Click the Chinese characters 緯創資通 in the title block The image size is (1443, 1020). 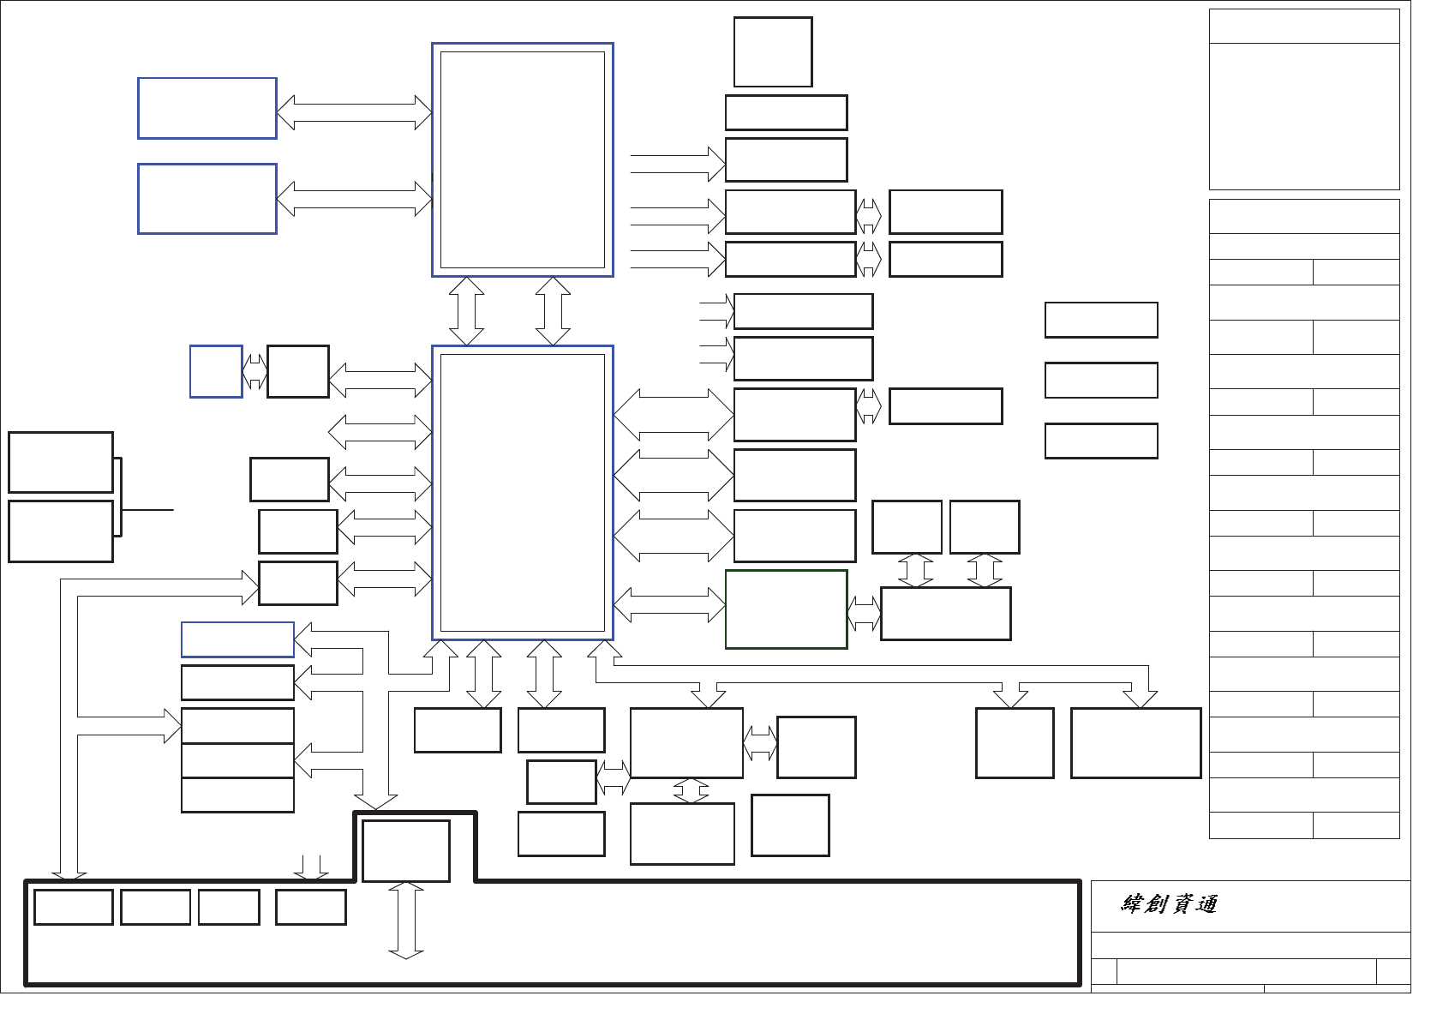click(1169, 904)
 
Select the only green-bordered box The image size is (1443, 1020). click(786, 609)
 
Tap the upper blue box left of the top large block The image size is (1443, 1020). click(207, 108)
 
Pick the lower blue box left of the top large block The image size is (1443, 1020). click(207, 199)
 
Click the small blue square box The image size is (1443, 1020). click(216, 372)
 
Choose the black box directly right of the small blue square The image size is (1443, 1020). click(298, 372)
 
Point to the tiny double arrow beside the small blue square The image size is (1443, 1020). click(254, 372)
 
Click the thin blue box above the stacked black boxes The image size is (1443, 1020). click(237, 639)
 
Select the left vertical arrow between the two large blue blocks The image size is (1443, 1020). click(466, 311)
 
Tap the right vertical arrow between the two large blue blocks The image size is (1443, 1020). click(553, 311)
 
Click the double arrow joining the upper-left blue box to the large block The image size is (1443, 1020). click(354, 112)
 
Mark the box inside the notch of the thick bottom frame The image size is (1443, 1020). click(406, 851)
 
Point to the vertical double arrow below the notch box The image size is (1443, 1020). click(406, 921)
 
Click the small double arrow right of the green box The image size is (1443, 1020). click(864, 614)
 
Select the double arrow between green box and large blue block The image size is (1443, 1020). click(669, 605)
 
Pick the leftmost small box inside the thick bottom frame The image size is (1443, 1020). click(74, 907)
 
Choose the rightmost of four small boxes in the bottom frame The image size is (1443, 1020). click(310, 907)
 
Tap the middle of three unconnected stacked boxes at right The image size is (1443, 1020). click(1101, 381)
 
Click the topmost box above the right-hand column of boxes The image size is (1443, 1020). click(773, 52)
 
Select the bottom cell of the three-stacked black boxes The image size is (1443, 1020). click(237, 795)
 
